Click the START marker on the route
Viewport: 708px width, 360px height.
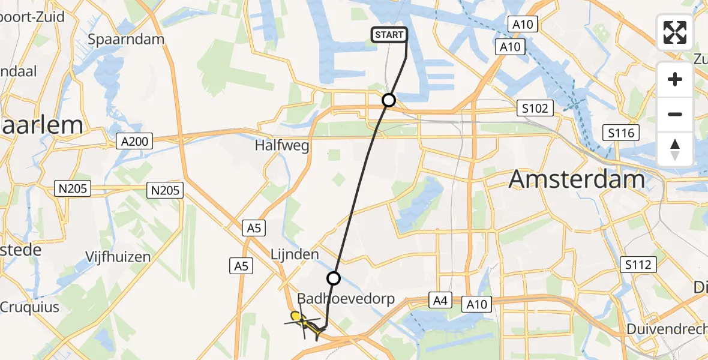point(389,35)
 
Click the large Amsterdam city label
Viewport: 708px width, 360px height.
point(577,179)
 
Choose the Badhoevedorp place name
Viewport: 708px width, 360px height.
point(346,299)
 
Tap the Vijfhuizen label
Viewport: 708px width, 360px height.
point(118,257)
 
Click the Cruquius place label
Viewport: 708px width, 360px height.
point(30,307)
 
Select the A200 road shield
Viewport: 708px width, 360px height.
point(134,142)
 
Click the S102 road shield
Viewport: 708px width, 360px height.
point(533,109)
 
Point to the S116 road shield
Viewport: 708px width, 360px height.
point(621,133)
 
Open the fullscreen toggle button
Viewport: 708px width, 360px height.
point(675,32)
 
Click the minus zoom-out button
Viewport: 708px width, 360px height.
point(675,114)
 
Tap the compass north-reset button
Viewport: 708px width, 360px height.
point(675,149)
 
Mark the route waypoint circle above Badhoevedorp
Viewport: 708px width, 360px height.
point(334,278)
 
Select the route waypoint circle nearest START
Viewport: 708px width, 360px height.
point(389,100)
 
